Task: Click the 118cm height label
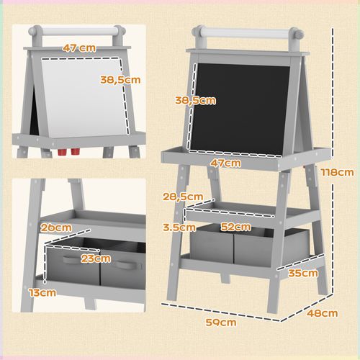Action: (x=338, y=172)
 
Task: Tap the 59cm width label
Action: (x=220, y=322)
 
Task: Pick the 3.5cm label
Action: (x=179, y=227)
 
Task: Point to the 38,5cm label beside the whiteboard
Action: (x=120, y=79)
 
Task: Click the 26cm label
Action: (x=55, y=228)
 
